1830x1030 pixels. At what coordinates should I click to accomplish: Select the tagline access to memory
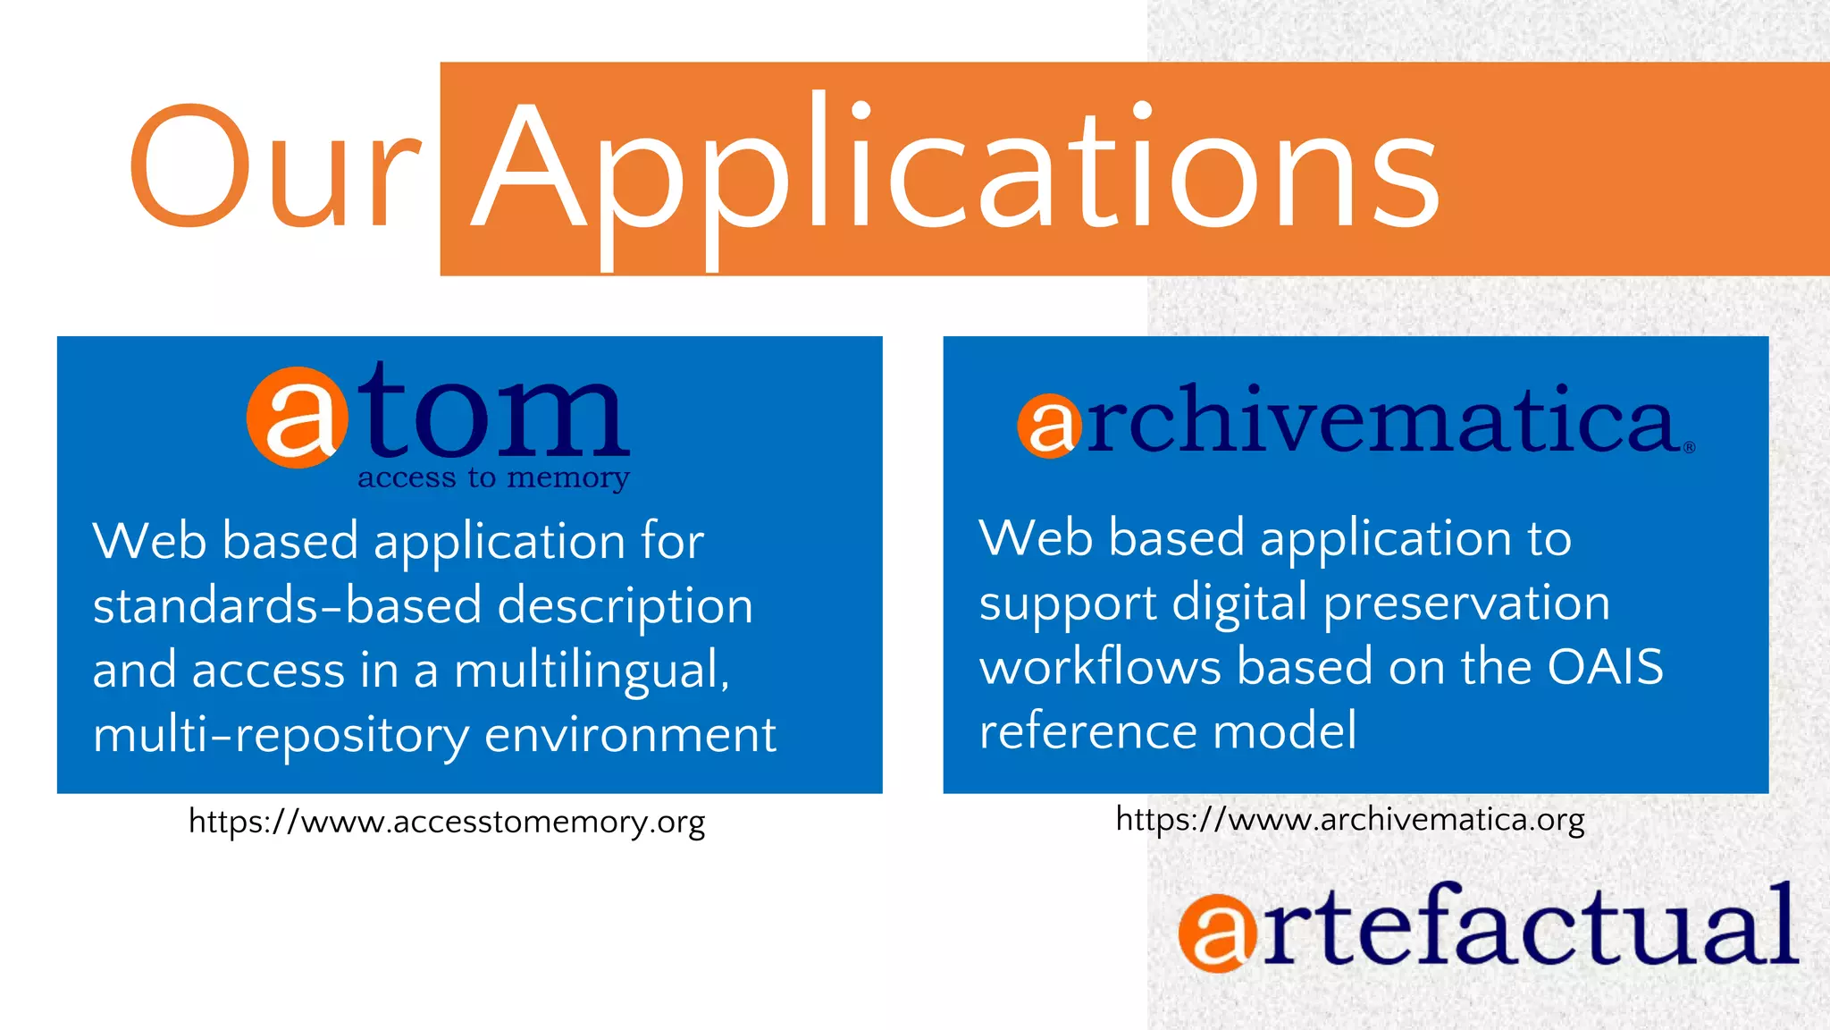click(x=493, y=478)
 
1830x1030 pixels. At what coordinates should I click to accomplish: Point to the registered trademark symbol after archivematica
click(x=1689, y=448)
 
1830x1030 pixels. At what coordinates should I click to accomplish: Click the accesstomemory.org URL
click(x=447, y=822)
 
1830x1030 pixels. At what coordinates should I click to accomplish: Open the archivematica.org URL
click(x=1350, y=819)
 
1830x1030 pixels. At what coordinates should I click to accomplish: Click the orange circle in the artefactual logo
click(x=1216, y=933)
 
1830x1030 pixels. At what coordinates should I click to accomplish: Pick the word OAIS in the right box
click(x=1605, y=667)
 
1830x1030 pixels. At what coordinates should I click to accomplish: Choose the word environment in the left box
click(x=630, y=735)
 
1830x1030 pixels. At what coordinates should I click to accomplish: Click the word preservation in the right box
click(x=1466, y=604)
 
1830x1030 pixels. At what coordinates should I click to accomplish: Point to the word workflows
click(x=1100, y=667)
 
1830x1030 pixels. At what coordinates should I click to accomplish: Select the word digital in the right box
click(x=1239, y=603)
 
